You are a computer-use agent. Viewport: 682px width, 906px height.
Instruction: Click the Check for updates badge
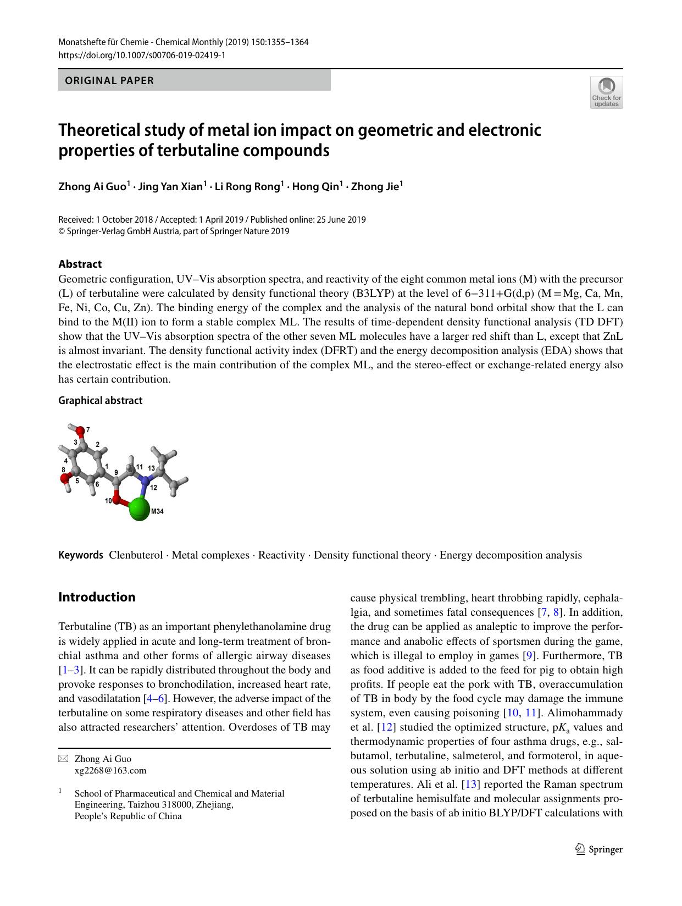click(x=606, y=92)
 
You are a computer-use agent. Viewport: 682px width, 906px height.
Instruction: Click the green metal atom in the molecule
click(x=140, y=509)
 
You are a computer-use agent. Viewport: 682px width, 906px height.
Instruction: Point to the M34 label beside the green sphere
click(x=157, y=511)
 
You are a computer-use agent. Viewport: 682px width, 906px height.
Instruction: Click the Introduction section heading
click(x=97, y=597)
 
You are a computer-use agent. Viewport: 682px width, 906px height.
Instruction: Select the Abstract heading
click(x=80, y=264)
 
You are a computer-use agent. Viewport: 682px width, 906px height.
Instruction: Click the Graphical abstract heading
click(x=100, y=400)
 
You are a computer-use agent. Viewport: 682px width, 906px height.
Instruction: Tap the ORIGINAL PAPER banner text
click(x=109, y=81)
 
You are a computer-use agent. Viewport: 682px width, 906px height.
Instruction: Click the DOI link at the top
click(x=142, y=56)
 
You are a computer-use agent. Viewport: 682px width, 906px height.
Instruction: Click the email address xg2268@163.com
click(x=110, y=770)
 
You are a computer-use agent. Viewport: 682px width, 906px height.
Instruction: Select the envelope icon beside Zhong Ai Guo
click(x=63, y=759)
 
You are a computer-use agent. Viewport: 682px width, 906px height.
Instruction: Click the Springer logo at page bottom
click(x=598, y=849)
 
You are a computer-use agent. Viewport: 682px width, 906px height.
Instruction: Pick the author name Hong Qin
click(x=315, y=186)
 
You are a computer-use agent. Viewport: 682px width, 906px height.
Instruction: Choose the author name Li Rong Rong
click(x=247, y=186)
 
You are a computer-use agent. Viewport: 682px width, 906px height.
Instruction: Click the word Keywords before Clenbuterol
click(x=81, y=555)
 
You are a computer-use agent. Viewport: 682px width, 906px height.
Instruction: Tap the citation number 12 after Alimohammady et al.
click(x=387, y=727)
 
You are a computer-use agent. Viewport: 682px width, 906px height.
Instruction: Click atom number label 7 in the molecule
click(x=88, y=429)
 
